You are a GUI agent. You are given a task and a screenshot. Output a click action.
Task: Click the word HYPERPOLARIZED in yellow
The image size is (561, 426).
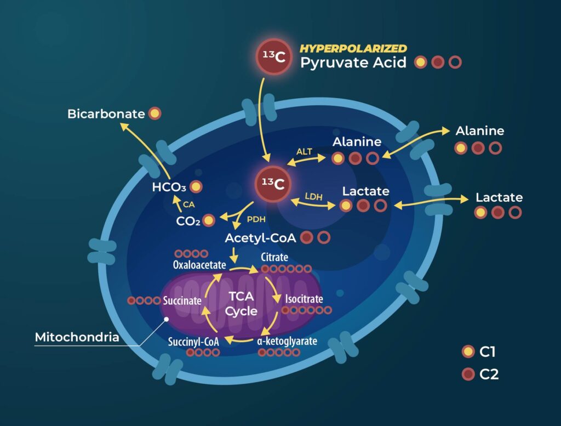[x=353, y=48]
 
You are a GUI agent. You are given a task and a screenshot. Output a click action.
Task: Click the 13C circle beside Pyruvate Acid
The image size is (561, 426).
[x=274, y=56]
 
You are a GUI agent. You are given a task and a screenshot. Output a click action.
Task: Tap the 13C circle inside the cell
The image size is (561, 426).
[x=273, y=184]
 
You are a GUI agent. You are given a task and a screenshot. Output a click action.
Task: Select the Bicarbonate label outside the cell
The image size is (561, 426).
[x=106, y=114]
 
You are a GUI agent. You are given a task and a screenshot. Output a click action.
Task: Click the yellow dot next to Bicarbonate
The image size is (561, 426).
[x=154, y=113]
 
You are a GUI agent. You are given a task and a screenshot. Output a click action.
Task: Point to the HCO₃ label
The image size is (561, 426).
[x=169, y=187]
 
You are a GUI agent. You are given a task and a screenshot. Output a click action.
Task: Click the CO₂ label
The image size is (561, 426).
[x=188, y=221]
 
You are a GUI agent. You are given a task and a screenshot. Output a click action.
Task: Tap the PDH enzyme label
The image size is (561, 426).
[x=256, y=219]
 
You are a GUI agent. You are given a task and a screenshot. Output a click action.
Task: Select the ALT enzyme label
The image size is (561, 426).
[x=304, y=152]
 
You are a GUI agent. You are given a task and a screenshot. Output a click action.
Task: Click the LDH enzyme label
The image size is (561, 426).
[x=314, y=196]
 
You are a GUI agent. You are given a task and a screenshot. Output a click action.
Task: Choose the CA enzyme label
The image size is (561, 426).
[x=188, y=205]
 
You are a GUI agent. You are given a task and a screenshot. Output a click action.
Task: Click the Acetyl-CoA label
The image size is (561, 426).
[x=260, y=238]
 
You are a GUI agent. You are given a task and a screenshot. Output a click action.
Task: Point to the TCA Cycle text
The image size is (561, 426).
[x=241, y=304]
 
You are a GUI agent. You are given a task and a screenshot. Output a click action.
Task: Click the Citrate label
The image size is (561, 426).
[x=274, y=257]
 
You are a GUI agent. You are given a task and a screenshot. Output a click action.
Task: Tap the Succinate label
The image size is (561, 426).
[x=182, y=300]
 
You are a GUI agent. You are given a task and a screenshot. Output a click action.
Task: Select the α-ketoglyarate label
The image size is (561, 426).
[x=287, y=341]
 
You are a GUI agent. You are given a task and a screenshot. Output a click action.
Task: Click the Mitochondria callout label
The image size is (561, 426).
[x=77, y=337]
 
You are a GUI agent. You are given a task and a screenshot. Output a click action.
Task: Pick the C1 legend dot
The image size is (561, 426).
[x=468, y=351]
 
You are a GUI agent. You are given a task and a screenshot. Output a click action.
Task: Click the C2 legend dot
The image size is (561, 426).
[x=468, y=374]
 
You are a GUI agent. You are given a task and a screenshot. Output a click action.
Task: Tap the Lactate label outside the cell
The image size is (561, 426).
[x=499, y=197]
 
